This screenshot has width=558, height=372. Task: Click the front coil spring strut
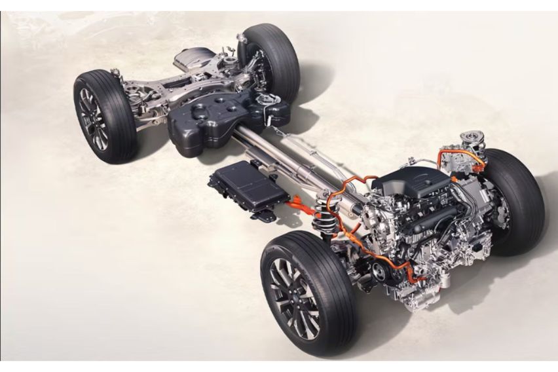(326, 212)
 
